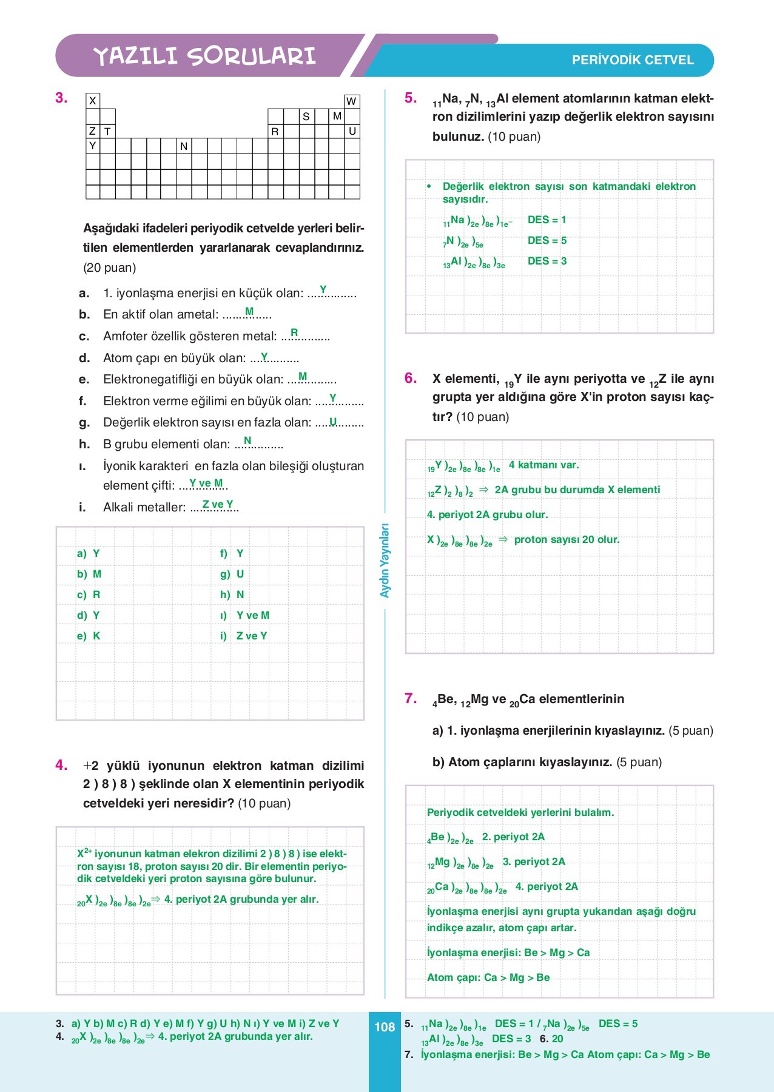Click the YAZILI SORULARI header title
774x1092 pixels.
coord(204,56)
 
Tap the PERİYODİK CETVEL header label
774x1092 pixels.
coord(633,60)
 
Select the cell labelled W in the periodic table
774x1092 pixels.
coord(351,101)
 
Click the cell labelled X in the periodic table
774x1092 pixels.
coord(93,101)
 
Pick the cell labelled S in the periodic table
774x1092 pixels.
coord(306,116)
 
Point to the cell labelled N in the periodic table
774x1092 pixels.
coord(184,146)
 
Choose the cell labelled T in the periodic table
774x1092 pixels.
coord(107,131)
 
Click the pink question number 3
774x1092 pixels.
coord(61,98)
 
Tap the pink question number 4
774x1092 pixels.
coord(61,765)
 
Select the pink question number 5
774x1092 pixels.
coord(411,98)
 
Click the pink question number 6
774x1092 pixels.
coord(411,378)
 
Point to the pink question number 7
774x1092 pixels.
coord(411,698)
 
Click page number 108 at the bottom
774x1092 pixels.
coord(385,1027)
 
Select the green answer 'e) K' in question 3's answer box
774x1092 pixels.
coord(89,636)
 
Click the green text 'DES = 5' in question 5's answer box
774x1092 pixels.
coord(547,240)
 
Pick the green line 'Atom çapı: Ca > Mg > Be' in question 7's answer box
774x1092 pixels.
coord(488,977)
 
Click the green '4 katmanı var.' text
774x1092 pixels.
coord(543,465)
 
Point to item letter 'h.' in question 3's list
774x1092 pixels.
coord(84,444)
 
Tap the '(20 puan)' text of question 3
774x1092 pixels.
coord(109,268)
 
